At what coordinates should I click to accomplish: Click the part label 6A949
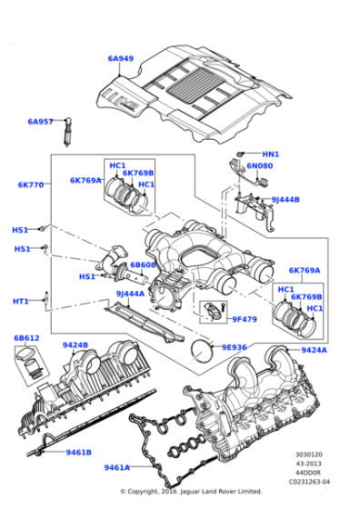(x=120, y=59)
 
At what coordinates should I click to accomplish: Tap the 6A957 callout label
(x=40, y=121)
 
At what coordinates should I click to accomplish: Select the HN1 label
(x=270, y=155)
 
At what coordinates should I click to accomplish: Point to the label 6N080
(x=260, y=166)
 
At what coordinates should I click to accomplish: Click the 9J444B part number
(x=285, y=199)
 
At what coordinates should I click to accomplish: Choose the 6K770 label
(x=30, y=185)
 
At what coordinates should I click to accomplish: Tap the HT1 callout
(x=21, y=301)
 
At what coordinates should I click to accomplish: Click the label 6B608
(x=143, y=265)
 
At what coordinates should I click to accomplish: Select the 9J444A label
(x=130, y=294)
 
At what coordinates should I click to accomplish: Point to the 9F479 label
(x=245, y=319)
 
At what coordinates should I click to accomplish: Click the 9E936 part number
(x=234, y=347)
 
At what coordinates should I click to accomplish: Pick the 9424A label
(x=314, y=350)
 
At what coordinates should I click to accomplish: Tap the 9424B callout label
(x=75, y=345)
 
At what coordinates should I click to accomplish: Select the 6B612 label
(x=26, y=337)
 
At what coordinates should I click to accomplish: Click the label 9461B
(x=76, y=452)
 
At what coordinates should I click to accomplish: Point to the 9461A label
(x=116, y=467)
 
